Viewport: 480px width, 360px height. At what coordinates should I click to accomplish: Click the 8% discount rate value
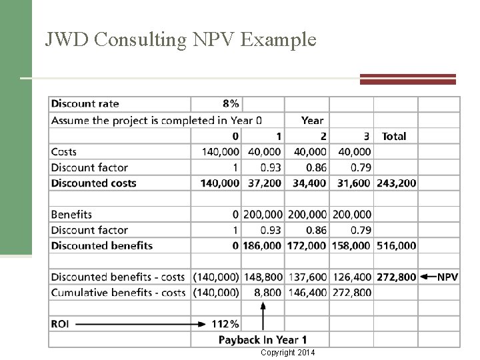click(231, 103)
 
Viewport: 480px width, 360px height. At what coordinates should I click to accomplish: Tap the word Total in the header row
click(393, 136)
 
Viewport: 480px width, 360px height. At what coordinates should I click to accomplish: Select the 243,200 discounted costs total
click(396, 183)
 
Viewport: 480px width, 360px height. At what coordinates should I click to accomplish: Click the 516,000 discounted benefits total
click(396, 245)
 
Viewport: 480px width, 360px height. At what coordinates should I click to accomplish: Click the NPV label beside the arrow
click(447, 277)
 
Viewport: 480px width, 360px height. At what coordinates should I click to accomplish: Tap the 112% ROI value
click(225, 324)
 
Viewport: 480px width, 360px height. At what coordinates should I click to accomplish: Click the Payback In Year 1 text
click(263, 340)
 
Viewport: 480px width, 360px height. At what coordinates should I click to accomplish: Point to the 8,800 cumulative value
click(268, 292)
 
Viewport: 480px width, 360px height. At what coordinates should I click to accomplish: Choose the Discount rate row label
click(85, 103)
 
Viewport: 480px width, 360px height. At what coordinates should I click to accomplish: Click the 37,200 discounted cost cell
click(265, 183)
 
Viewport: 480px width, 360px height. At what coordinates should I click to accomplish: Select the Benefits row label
click(71, 215)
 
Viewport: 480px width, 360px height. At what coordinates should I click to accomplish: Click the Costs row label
click(64, 152)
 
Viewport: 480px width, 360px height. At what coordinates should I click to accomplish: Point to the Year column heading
click(312, 121)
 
